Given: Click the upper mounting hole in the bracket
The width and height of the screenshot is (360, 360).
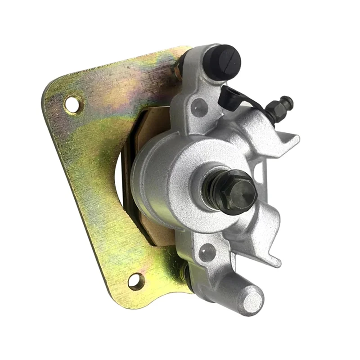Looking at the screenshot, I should (x=72, y=104).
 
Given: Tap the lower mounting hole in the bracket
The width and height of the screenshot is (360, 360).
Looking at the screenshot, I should (x=136, y=281).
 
